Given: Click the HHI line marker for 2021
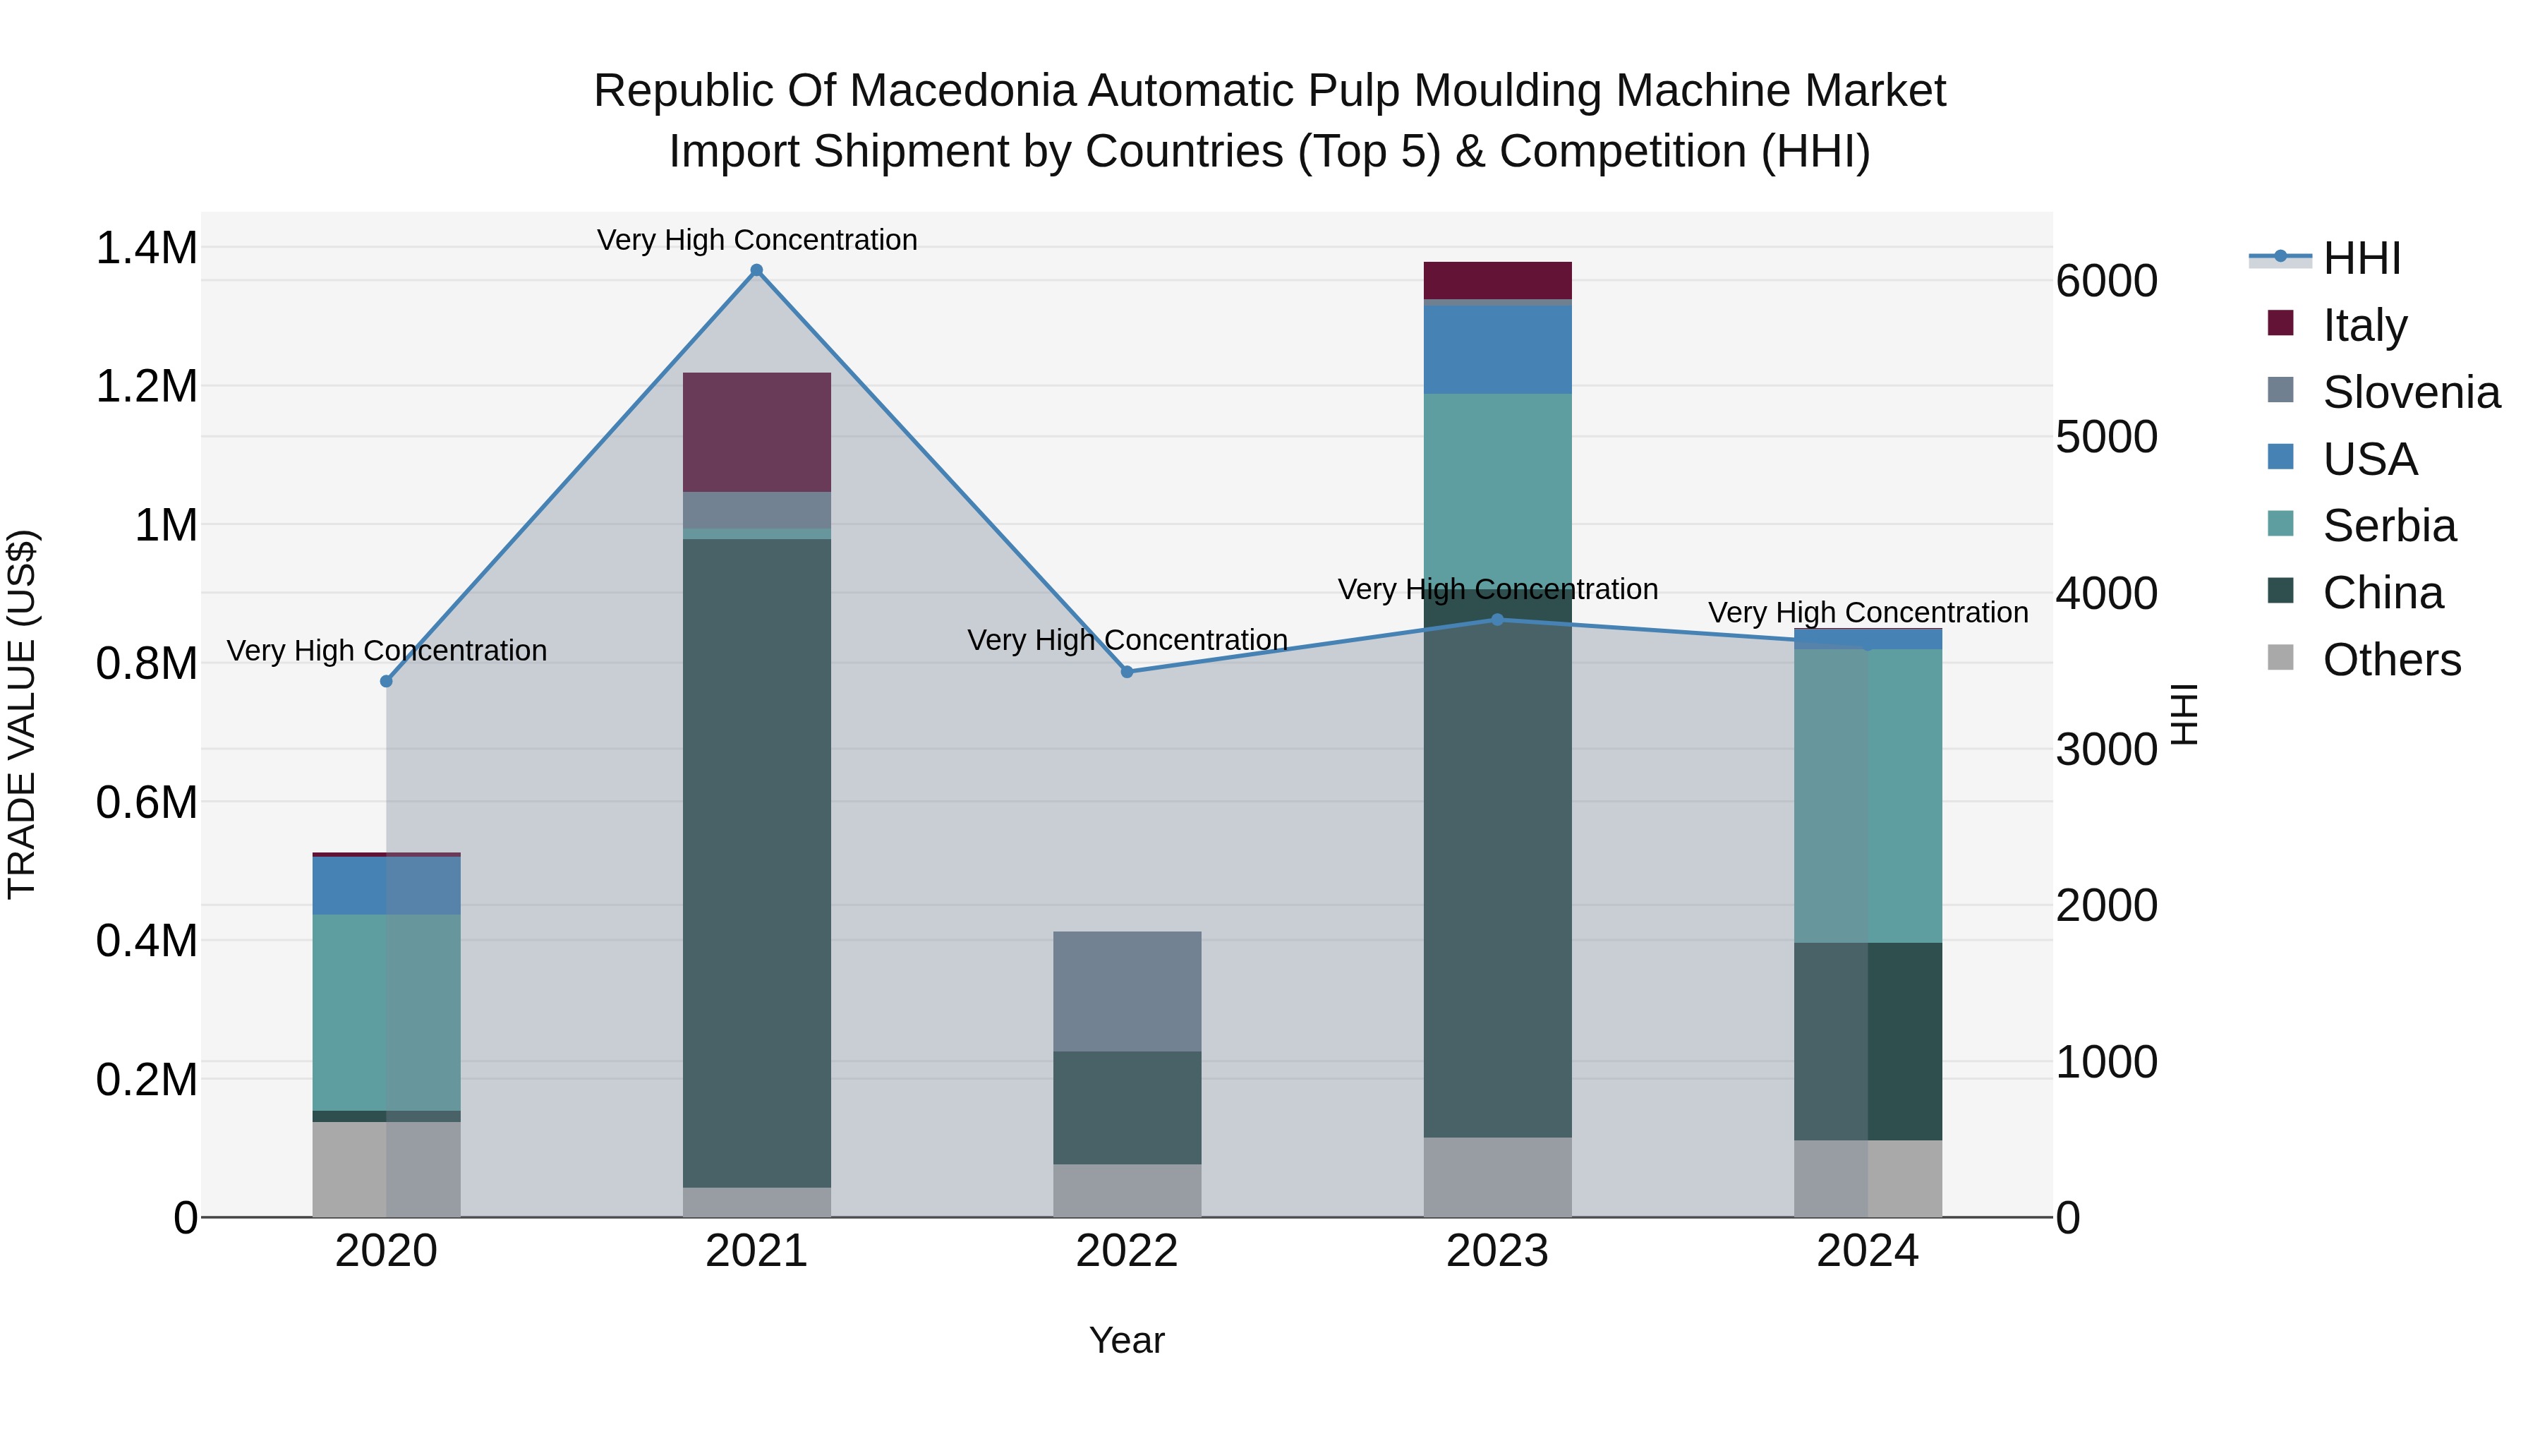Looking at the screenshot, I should pos(756,270).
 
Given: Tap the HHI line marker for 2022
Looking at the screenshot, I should pos(1127,672).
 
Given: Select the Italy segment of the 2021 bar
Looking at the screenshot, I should pos(756,432).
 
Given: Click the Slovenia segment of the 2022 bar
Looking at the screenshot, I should pos(1127,991).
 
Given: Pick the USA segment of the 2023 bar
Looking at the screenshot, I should pos(1496,349).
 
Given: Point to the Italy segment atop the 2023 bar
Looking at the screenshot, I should pos(1496,280).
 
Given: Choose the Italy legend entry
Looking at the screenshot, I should pos(2364,325).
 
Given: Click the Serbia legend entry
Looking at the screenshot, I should pos(2388,526).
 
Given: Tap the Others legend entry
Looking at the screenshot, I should pos(2390,660).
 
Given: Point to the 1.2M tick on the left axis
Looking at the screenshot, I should pos(146,387).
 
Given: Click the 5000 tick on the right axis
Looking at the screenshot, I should pos(2106,437).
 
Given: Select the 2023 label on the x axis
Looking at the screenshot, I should pos(1496,1251).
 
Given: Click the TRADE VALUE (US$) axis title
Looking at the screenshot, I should pos(22,714).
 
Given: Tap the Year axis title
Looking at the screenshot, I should pos(1126,1340).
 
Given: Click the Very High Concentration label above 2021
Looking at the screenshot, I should pos(756,240).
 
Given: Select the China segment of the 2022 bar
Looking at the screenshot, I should pos(1127,1107).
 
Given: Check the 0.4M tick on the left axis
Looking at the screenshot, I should pos(146,941).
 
